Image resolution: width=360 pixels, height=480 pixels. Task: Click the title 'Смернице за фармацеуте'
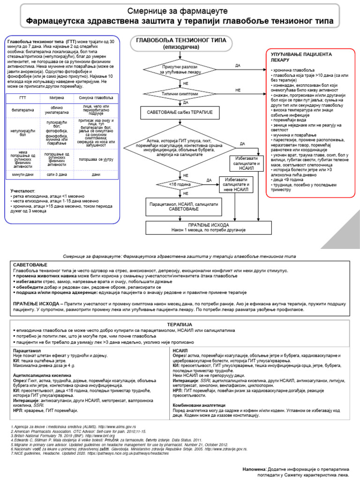pyautogui.click(x=180, y=10)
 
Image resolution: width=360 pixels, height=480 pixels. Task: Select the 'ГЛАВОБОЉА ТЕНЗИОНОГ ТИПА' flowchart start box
pyautogui.click(x=180, y=43)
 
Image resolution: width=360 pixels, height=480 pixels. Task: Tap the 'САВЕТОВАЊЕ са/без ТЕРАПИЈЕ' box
pyautogui.click(x=180, y=113)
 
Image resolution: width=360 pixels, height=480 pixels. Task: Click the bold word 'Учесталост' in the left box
pyautogui.click(x=23, y=191)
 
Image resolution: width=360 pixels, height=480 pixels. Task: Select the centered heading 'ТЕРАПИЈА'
pyautogui.click(x=180, y=324)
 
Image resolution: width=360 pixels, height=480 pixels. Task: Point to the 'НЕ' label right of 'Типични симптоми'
pyautogui.click(x=238, y=89)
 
